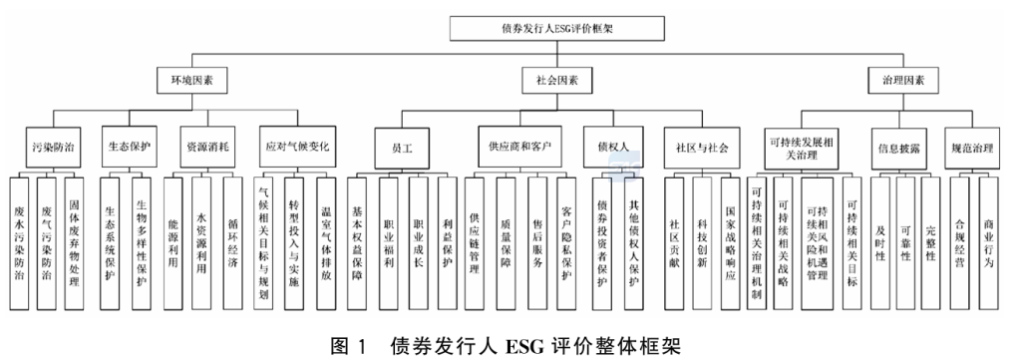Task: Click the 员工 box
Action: [x=403, y=146]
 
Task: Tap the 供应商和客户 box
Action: [x=517, y=146]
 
